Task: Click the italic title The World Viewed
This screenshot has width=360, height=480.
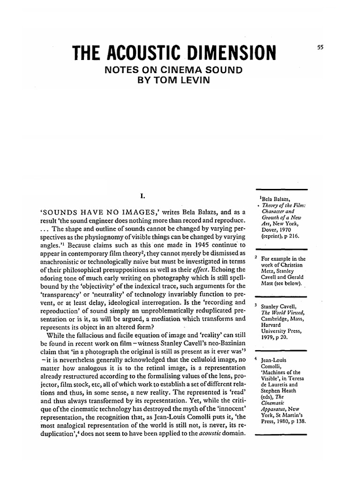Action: tap(282, 313)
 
